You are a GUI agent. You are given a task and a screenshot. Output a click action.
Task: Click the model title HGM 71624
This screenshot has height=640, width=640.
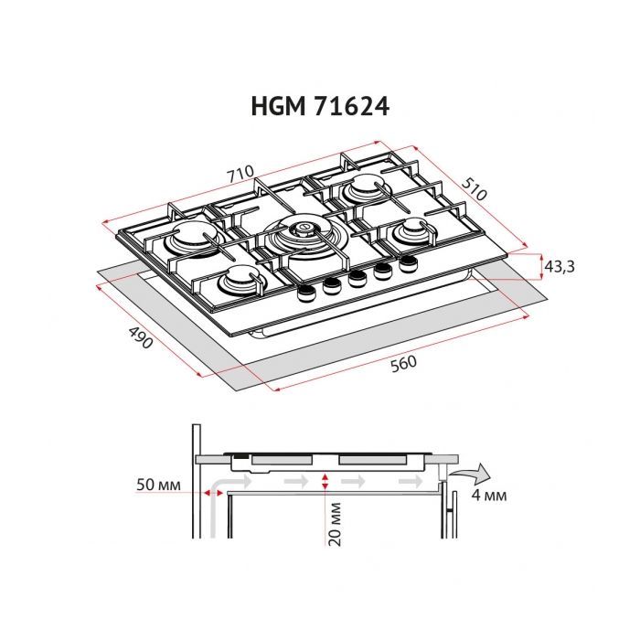(x=320, y=106)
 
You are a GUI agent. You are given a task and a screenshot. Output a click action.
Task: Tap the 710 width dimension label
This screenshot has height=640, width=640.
(x=240, y=169)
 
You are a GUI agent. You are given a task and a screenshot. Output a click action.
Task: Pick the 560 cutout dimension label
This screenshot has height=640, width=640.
(x=402, y=363)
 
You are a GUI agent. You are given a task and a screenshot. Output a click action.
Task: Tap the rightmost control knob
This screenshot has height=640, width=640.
(x=405, y=264)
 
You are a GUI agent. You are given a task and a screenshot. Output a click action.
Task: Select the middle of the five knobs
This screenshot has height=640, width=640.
(x=356, y=278)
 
